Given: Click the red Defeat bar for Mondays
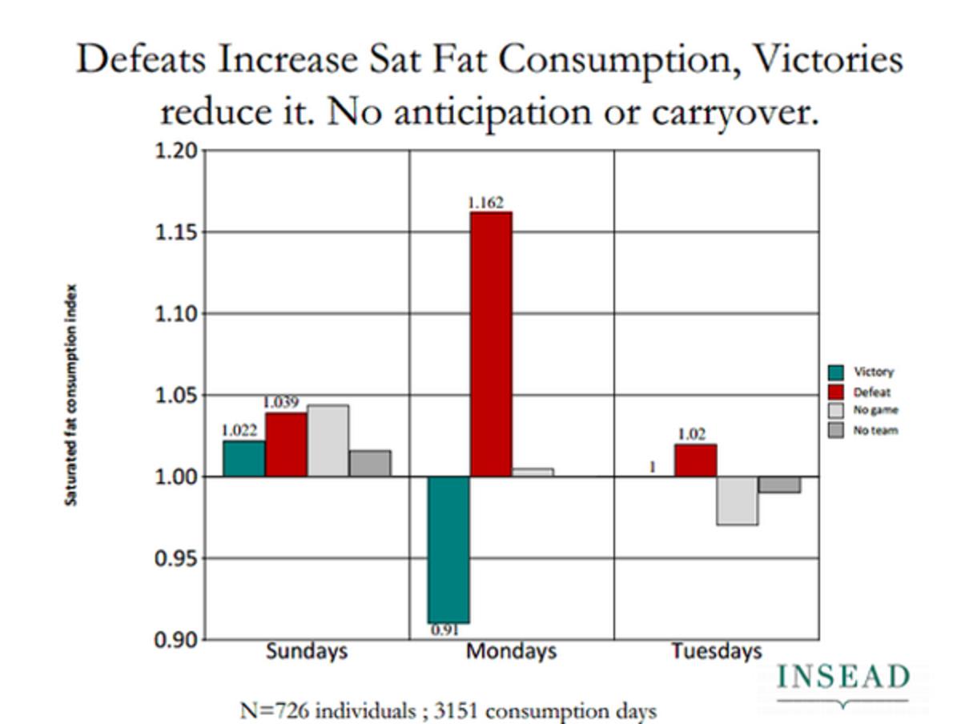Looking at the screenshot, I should click(x=491, y=344).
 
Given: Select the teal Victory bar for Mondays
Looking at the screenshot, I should click(x=448, y=549).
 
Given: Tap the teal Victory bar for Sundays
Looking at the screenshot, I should click(x=244, y=459).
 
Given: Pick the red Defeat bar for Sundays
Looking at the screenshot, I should click(x=287, y=444).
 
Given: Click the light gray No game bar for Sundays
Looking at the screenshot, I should click(x=328, y=440).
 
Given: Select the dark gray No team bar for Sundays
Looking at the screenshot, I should click(x=370, y=464).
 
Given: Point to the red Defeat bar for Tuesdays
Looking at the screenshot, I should click(x=696, y=461).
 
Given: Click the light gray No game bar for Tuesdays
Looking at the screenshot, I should click(x=738, y=501).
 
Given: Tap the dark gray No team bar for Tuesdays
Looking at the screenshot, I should click(x=779, y=485).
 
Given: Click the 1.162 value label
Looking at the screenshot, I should click(x=485, y=203).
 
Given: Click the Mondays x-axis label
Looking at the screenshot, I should click(x=511, y=651).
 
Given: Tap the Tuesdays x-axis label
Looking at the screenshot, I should click(x=716, y=651).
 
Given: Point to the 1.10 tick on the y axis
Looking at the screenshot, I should click(x=176, y=314).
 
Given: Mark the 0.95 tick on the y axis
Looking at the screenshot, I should click(x=176, y=558).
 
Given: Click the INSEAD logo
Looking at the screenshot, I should click(x=843, y=679).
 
